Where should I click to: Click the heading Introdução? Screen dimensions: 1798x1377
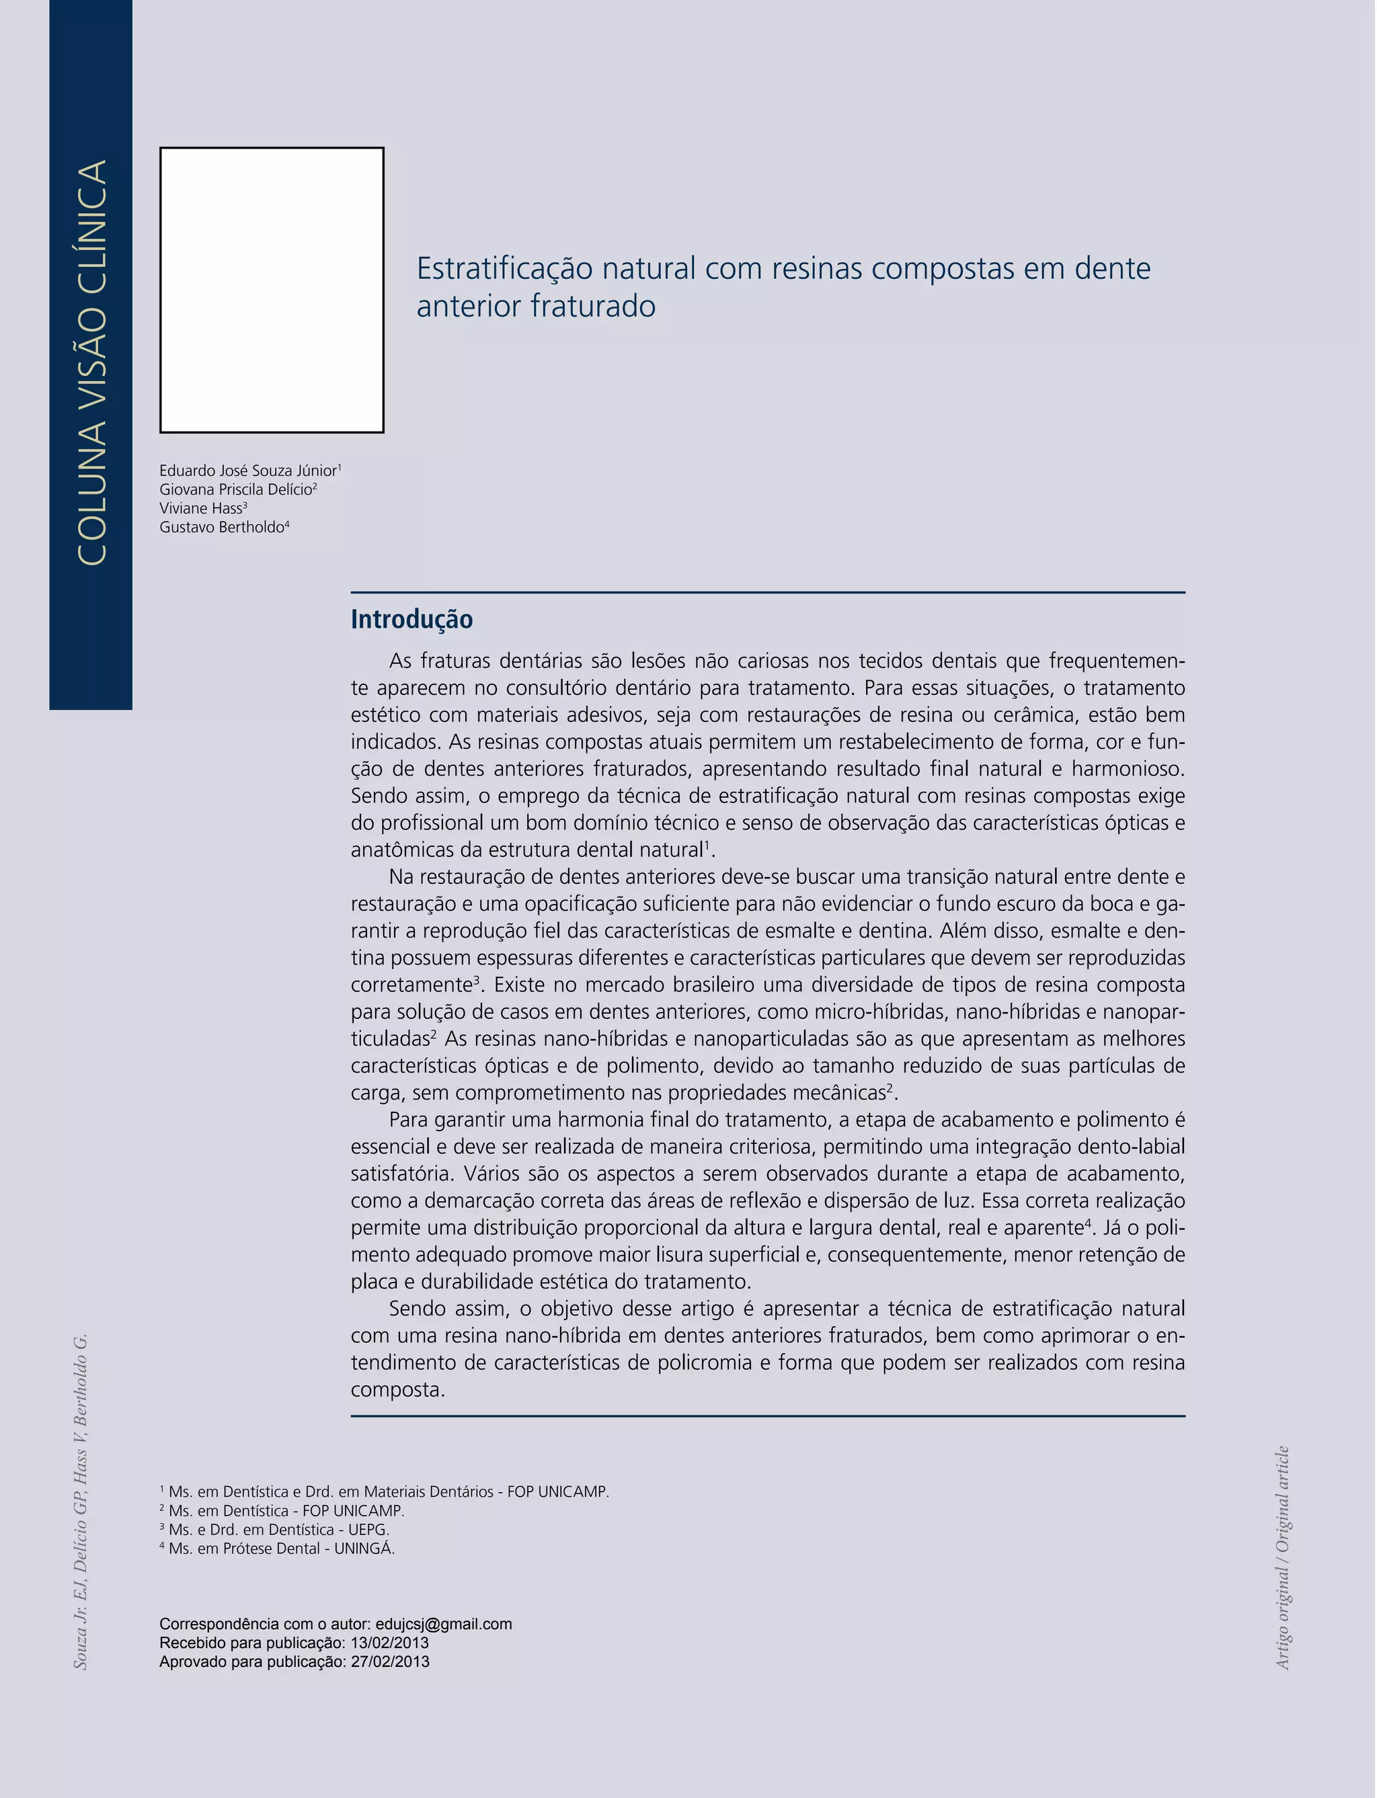coord(411,620)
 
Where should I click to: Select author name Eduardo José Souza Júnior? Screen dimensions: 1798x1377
coord(247,471)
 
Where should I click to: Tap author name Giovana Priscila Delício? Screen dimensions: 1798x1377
coord(235,489)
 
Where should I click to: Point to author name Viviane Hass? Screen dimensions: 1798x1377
coord(201,508)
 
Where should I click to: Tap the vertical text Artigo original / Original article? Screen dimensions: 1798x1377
coord(1283,1557)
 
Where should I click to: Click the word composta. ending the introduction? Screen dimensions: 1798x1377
coord(397,1390)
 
